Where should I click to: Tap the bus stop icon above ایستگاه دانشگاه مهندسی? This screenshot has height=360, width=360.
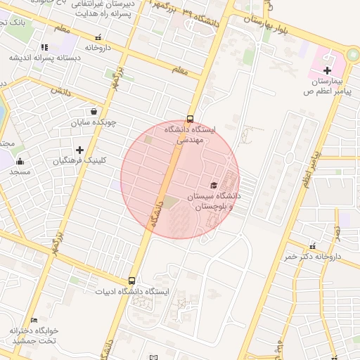point(190,118)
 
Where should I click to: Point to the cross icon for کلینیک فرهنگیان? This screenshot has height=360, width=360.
point(79,150)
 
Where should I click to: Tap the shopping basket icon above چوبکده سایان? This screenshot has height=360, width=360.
point(94,111)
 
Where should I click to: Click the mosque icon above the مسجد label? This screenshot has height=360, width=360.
point(20,160)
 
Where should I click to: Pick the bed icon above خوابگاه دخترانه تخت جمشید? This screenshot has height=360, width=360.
point(34,320)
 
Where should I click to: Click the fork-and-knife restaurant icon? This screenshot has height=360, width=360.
point(45,47)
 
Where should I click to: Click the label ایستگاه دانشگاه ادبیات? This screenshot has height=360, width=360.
point(133,291)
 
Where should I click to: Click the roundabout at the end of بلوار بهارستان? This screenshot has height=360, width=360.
point(354,56)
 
